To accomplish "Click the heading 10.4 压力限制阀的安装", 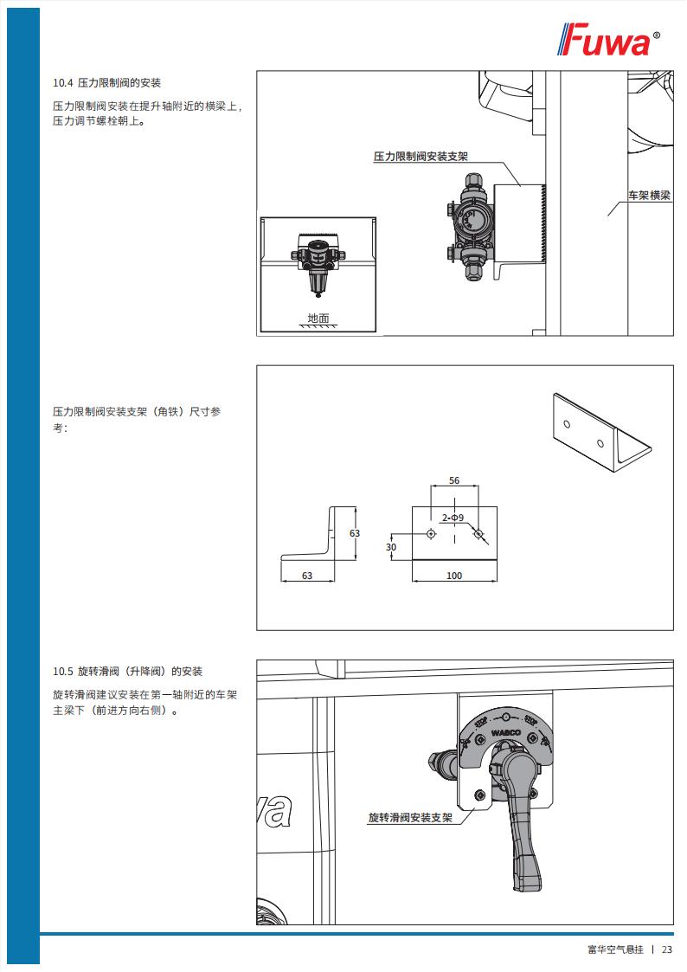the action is [106, 83].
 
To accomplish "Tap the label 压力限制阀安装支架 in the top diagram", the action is [421, 156].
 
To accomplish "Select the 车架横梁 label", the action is [649, 196].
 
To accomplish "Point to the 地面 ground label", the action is [318, 318].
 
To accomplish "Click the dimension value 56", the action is [454, 480].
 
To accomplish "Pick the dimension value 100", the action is [454, 576].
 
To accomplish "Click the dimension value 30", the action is [391, 547].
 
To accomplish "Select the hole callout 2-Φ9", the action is [453, 518].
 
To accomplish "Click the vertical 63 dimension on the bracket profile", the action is [355, 533].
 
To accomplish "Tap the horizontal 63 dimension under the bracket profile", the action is [307, 576].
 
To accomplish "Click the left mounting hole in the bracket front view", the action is [431, 534].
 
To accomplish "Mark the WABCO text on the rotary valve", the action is [506, 733].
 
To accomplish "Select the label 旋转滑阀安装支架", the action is [410, 818].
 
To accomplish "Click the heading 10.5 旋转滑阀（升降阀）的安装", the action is [127, 672].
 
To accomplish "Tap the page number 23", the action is [667, 949].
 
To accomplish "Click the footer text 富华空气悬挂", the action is [616, 949].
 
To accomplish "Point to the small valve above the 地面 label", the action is [318, 263].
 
